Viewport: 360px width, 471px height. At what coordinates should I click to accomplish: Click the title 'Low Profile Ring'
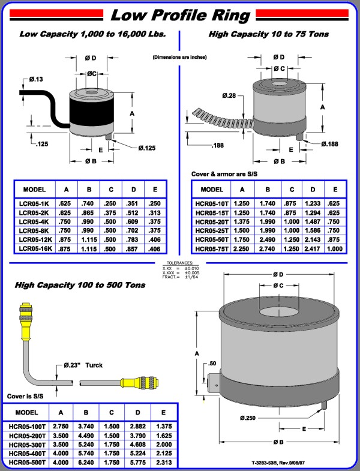pos(179,13)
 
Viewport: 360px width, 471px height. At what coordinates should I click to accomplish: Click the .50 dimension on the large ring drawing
pos(212,364)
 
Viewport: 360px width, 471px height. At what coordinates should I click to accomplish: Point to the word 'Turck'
pos(94,365)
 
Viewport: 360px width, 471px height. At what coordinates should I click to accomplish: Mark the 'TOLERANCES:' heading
pos(180,263)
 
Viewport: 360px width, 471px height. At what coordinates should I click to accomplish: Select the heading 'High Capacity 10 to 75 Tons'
pos(268,35)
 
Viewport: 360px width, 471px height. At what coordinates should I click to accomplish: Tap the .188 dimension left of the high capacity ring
pos(219,145)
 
